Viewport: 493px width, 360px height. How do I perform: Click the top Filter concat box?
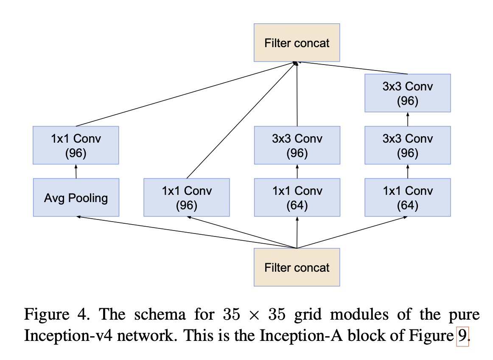coord(297,42)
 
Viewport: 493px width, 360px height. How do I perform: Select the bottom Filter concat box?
coord(297,267)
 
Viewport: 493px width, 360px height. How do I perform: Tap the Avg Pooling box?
coord(76,197)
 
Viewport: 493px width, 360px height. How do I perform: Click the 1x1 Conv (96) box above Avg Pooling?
coord(76,145)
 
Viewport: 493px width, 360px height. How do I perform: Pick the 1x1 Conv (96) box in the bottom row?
coord(186,197)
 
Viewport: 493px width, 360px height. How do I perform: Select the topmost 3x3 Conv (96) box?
coord(407,93)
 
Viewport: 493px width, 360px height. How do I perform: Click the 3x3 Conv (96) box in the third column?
coord(297,145)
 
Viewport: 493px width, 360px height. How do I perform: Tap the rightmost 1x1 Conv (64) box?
coord(407,197)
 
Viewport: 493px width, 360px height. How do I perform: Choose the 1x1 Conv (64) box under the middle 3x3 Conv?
coord(297,197)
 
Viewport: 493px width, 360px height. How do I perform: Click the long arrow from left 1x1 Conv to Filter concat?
coord(187,94)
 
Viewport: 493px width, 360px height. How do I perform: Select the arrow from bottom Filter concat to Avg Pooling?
coord(187,232)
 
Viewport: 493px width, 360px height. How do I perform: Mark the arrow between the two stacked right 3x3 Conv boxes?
coord(407,119)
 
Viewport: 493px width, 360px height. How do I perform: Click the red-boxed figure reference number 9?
coord(462,336)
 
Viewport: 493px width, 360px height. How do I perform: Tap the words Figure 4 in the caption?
coord(50,315)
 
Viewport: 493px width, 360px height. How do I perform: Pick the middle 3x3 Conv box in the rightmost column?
coord(407,145)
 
